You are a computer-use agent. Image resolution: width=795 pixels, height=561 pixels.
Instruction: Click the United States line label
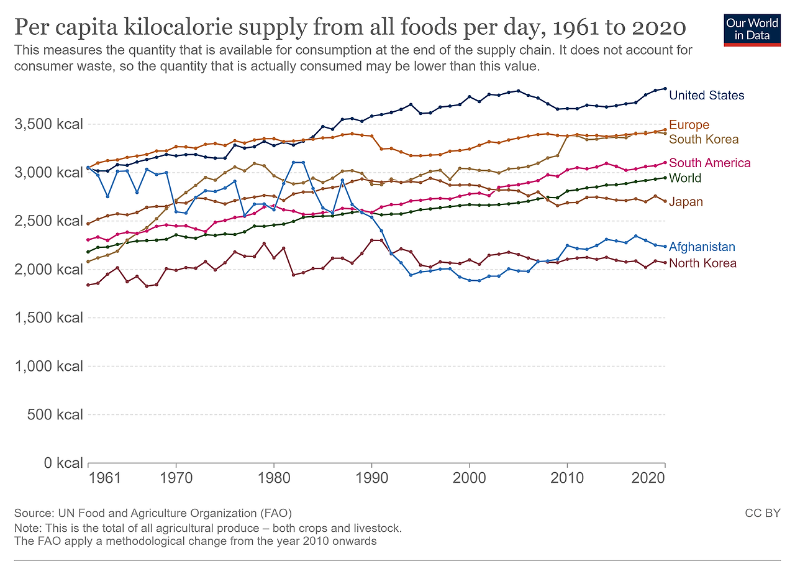[x=706, y=95]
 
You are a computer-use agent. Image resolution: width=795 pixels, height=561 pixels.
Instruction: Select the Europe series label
[x=689, y=125]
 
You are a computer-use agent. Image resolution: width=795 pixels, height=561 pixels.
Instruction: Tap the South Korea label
[x=704, y=139]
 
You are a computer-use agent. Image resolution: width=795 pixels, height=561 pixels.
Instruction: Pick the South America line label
[x=709, y=163]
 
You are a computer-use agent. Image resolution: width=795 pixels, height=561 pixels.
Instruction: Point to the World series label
[x=685, y=178]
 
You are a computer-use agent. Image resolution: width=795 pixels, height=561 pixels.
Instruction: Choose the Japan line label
[x=686, y=202]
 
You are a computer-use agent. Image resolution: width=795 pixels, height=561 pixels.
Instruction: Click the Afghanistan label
[x=702, y=247]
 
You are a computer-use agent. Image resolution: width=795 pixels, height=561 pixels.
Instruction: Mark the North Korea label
[x=702, y=263]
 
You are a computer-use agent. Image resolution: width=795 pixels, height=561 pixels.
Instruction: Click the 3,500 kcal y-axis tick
[x=48, y=124]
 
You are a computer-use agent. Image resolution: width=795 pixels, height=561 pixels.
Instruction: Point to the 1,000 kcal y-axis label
[x=48, y=366]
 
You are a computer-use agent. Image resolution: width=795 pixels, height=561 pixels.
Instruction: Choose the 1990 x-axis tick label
[x=371, y=480]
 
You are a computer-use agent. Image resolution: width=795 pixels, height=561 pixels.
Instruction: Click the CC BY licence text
[x=762, y=513]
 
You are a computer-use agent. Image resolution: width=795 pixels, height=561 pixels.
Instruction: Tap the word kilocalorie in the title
[x=214, y=27]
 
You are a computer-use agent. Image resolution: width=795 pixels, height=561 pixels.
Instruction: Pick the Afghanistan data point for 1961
[x=88, y=168]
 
